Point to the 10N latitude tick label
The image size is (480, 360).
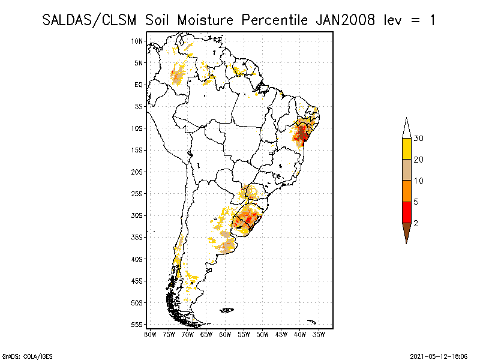137,41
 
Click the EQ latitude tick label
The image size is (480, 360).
139,85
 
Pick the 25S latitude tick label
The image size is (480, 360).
137,193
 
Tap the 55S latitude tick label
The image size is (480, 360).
137,324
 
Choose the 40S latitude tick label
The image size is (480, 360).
137,259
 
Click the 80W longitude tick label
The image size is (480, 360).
151,334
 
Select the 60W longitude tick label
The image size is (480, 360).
225,334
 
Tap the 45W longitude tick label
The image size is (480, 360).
281,334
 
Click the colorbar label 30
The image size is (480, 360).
419,139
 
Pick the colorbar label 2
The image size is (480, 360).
416,223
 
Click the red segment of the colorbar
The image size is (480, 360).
406,212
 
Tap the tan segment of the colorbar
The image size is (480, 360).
406,170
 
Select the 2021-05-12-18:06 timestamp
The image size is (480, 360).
439,356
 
